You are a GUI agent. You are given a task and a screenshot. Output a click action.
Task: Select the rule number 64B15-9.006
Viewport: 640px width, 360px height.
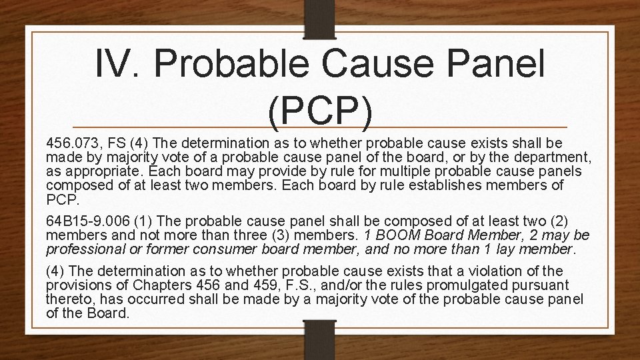[87, 221]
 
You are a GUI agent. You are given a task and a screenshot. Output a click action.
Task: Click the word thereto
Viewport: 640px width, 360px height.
[67, 299]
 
